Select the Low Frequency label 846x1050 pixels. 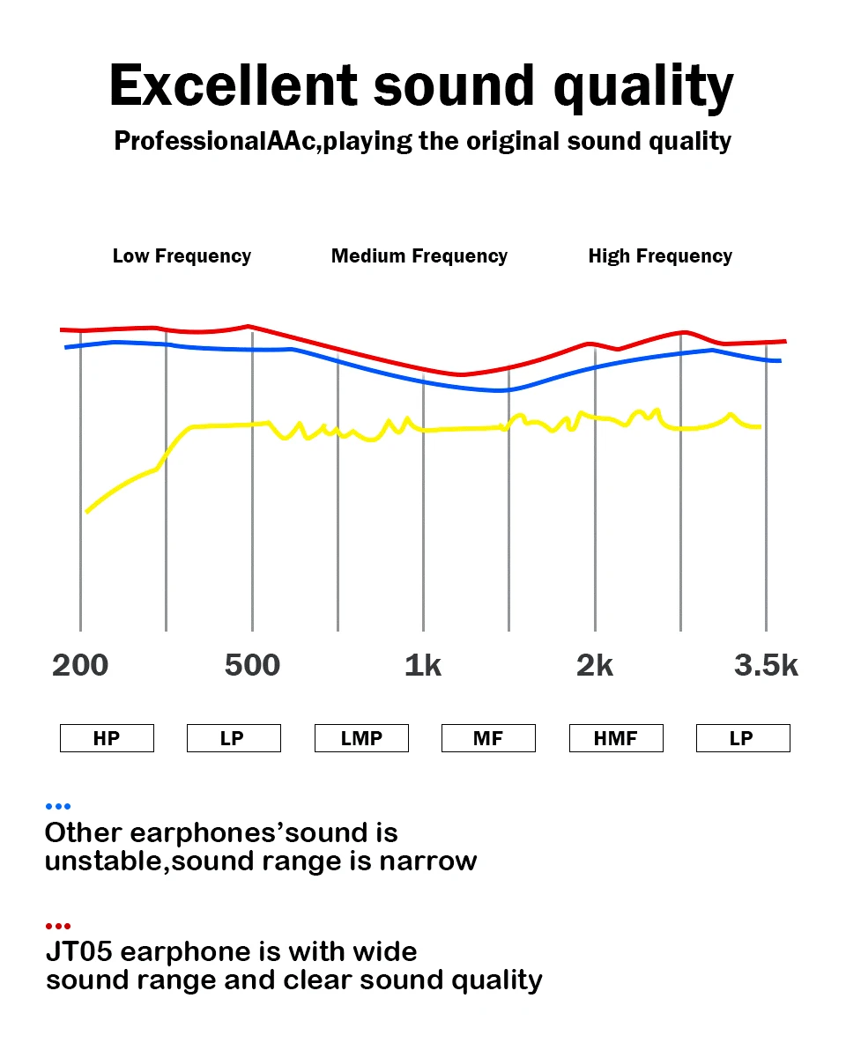click(x=182, y=256)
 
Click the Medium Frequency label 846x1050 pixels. click(x=419, y=256)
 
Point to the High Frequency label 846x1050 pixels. click(x=660, y=256)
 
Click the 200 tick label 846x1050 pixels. click(x=80, y=666)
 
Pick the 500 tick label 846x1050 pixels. click(x=252, y=666)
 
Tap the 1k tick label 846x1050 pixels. click(x=423, y=666)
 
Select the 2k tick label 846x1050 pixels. click(x=595, y=666)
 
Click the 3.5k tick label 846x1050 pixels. click(x=766, y=666)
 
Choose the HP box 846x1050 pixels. click(x=107, y=738)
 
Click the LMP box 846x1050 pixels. click(x=361, y=738)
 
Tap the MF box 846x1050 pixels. click(x=488, y=738)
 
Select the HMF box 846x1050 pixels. click(x=615, y=738)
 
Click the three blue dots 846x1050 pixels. click(x=57, y=806)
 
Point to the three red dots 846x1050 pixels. click(x=57, y=926)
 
